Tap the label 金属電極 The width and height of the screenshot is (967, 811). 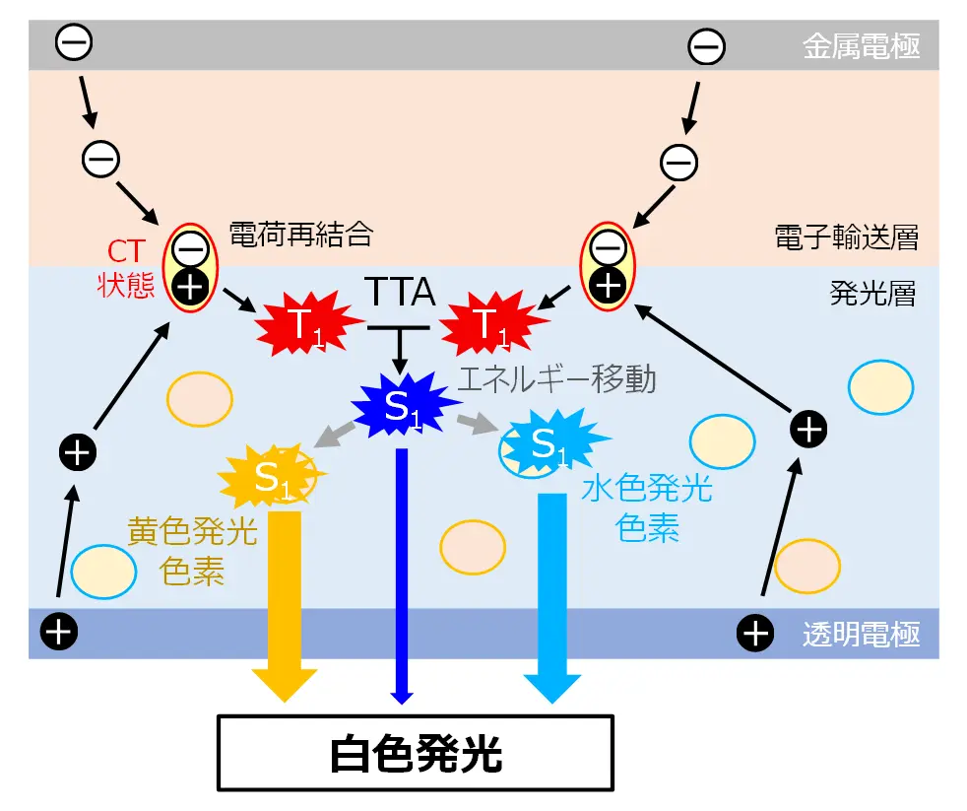point(863,46)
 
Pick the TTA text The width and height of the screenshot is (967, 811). point(400,291)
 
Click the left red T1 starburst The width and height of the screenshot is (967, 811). point(302,323)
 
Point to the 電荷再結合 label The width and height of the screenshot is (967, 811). point(301,234)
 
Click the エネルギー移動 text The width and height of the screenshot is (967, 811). point(557,378)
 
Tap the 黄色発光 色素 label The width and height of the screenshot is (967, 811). point(192,552)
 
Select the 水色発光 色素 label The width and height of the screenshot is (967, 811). point(647,508)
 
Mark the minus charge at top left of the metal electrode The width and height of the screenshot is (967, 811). point(74,41)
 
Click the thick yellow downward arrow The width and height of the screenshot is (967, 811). point(285,601)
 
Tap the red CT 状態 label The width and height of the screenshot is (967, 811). point(126,268)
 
